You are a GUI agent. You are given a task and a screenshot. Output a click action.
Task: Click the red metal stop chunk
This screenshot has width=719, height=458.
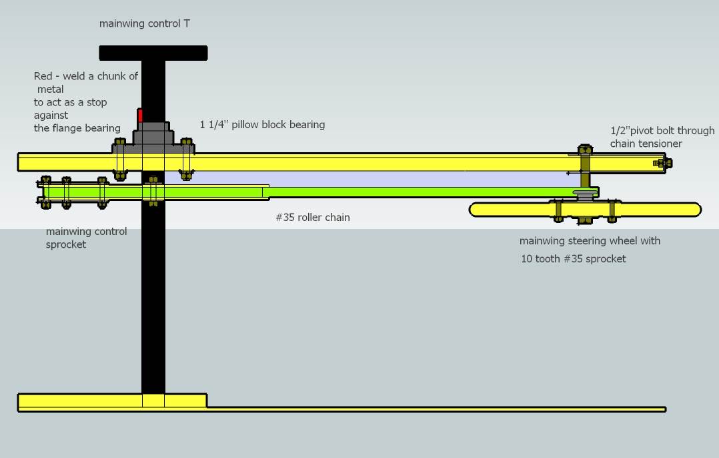[140, 116]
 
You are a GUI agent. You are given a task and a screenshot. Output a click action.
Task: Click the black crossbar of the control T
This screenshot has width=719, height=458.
[153, 53]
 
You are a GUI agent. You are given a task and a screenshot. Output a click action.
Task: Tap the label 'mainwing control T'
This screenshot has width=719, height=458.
[145, 23]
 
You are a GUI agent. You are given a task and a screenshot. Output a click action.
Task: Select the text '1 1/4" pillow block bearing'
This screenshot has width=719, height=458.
[262, 124]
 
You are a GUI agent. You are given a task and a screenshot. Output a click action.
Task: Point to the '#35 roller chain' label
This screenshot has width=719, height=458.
[313, 217]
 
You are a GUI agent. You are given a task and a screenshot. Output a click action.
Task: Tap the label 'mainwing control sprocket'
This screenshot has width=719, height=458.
[86, 238]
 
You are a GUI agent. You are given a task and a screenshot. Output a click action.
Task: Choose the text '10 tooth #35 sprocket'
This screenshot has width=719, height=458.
[574, 258]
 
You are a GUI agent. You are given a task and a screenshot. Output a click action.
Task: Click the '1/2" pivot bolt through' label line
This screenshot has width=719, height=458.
[662, 130]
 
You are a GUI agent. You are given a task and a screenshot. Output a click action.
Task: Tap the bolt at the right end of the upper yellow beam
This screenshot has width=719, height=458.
[662, 163]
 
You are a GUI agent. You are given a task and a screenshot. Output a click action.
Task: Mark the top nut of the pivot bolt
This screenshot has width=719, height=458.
[585, 150]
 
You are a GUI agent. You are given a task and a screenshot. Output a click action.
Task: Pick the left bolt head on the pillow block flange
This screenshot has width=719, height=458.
[120, 143]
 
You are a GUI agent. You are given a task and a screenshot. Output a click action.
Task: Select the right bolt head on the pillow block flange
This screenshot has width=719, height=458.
[186, 143]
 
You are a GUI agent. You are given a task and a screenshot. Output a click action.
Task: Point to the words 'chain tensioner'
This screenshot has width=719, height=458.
[646, 144]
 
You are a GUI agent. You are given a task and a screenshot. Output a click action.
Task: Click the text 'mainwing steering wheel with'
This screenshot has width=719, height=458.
[590, 240]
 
